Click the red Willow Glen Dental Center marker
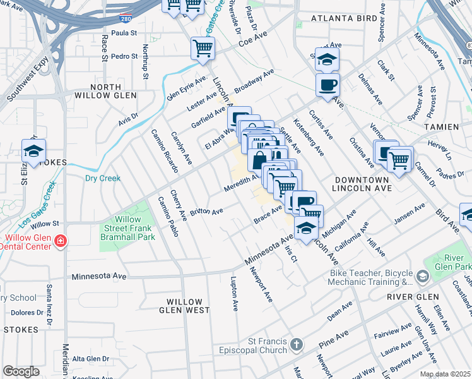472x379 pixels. [x=61, y=241]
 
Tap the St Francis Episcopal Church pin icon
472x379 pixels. [x=297, y=345]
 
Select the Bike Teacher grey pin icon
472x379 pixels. [x=422, y=276]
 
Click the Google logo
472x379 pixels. [x=21, y=371]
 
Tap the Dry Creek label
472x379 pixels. [x=102, y=178]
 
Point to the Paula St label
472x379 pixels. [x=124, y=32]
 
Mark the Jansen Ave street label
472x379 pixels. [x=409, y=215]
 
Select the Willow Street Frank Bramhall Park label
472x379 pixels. [x=126, y=227]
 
